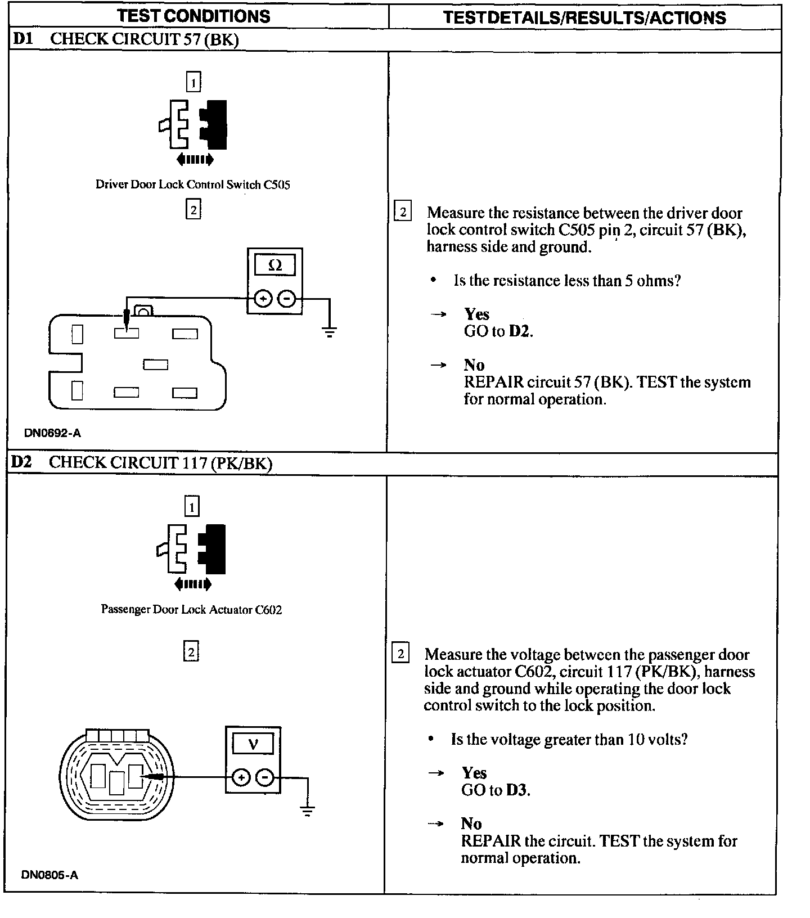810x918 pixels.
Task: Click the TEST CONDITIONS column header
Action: coord(193,16)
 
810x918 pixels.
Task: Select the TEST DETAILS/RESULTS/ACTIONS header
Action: coord(584,17)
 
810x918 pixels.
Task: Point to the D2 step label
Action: coord(22,462)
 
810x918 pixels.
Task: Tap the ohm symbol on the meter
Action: coord(275,265)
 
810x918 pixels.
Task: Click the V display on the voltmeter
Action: coord(253,744)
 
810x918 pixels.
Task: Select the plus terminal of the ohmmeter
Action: coord(263,298)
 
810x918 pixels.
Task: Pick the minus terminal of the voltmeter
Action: coord(265,778)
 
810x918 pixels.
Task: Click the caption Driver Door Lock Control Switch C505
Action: coord(192,184)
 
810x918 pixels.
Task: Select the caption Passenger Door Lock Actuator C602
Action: coord(191,609)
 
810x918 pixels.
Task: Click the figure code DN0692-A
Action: coord(52,433)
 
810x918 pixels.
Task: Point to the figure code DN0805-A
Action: coord(50,875)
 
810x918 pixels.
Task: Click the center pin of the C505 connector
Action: coord(155,365)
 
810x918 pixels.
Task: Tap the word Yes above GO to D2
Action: coord(476,314)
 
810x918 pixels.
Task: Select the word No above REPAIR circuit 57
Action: coord(474,365)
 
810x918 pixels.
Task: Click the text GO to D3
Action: coord(496,790)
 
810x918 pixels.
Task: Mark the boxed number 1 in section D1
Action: coord(193,83)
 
